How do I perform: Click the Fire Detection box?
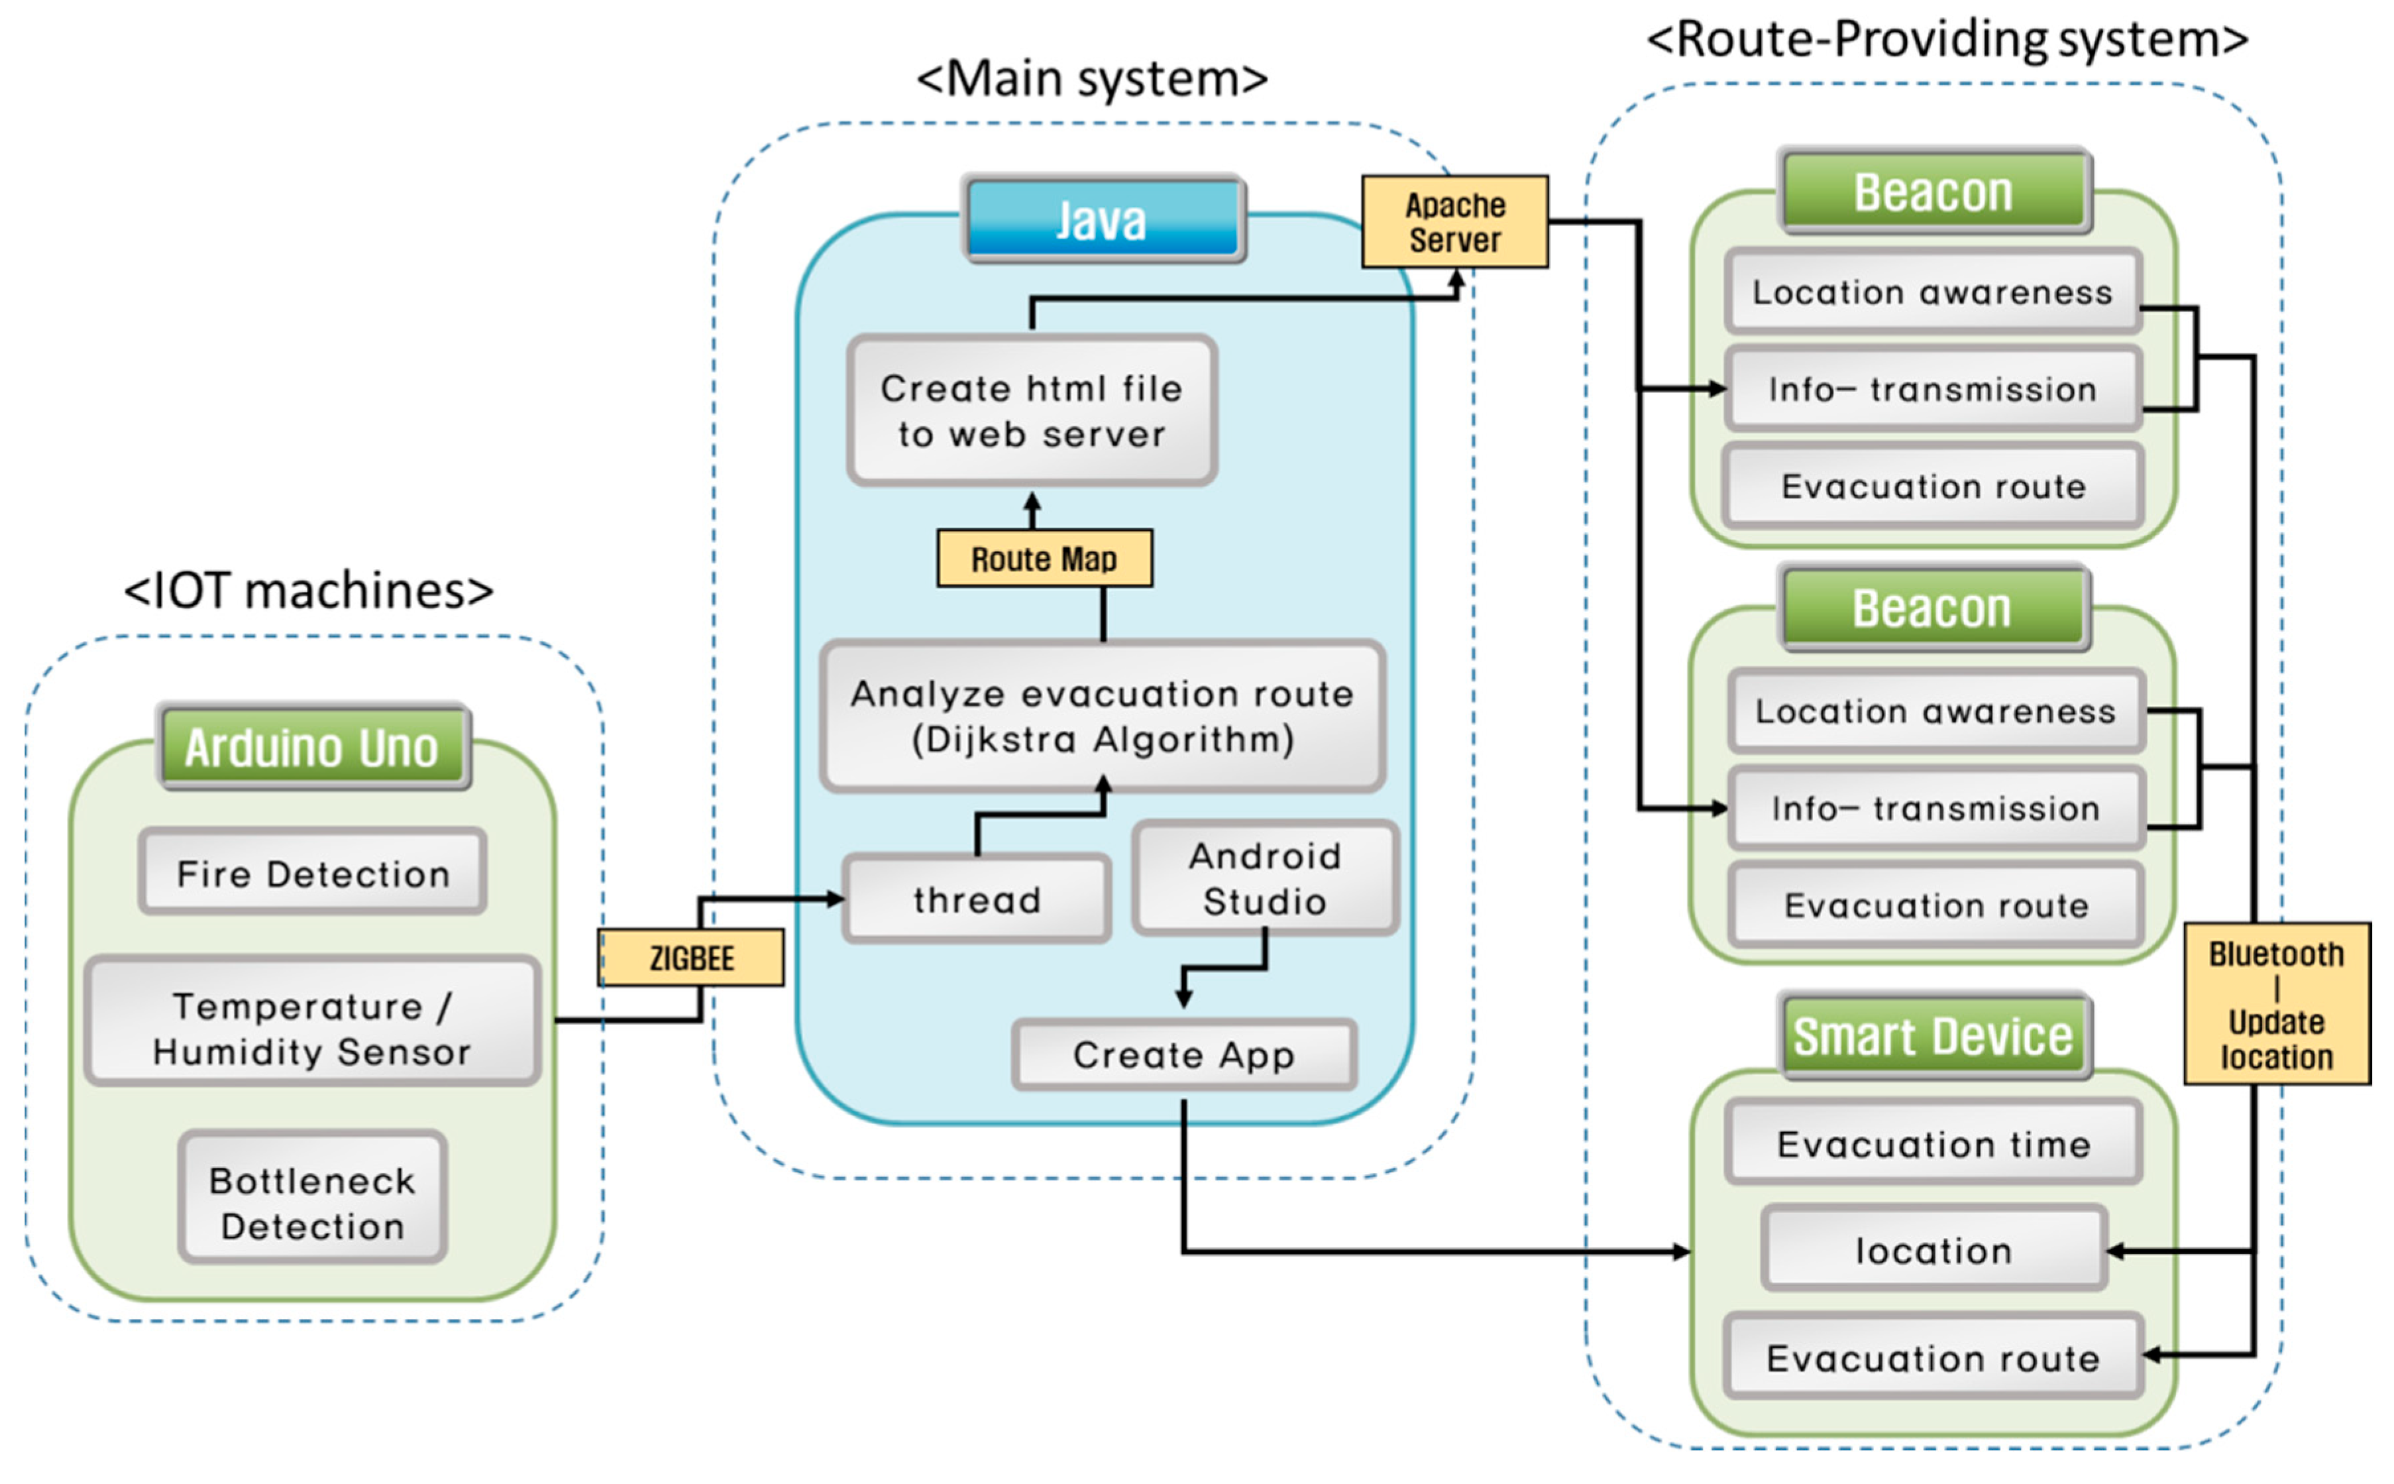(313, 872)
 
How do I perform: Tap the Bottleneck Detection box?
(313, 1198)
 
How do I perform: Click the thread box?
(977, 899)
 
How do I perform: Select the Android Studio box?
(1266, 878)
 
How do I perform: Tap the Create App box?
(1184, 1055)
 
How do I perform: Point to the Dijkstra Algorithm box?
(1103, 716)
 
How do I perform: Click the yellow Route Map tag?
(1044, 559)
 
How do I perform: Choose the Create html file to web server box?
(1032, 411)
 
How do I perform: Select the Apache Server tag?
(1455, 222)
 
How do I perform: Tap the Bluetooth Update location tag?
(2276, 1004)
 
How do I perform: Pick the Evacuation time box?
(1933, 1143)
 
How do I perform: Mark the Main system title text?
(1091, 78)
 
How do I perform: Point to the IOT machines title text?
(309, 591)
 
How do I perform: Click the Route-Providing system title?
(1947, 39)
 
